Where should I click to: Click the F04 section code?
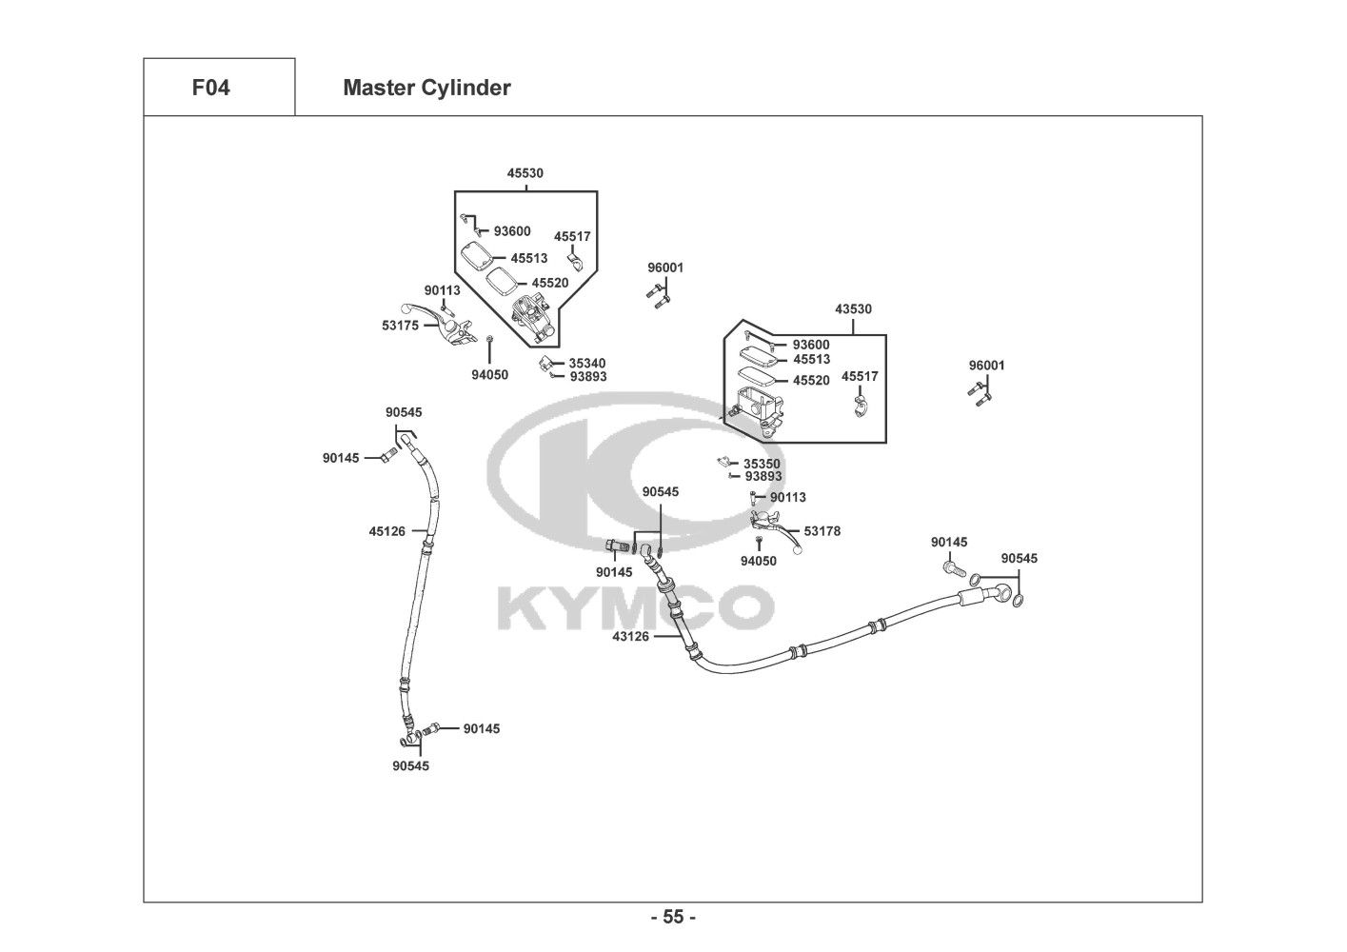[210, 89]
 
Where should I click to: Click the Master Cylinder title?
[426, 89]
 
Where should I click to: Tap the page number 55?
[673, 918]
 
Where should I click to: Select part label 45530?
[525, 173]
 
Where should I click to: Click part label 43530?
[853, 309]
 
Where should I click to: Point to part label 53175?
[400, 326]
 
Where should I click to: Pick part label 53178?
[822, 531]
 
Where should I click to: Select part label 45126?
[386, 531]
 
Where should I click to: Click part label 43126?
[630, 636]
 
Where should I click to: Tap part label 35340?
[587, 364]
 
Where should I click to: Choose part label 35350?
[762, 465]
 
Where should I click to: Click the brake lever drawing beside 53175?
[437, 325]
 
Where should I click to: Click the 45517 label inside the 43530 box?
[860, 377]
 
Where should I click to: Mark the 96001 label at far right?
[986, 366]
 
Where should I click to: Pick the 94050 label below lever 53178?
[758, 561]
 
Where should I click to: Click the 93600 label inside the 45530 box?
[512, 231]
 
